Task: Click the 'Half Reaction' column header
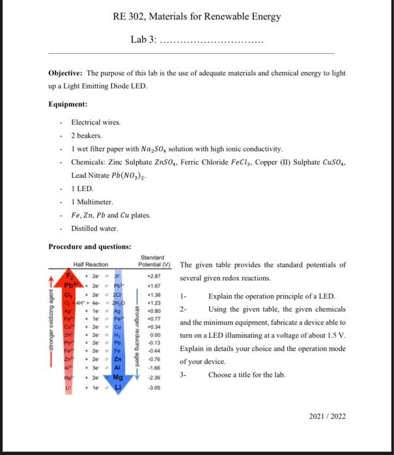point(91,264)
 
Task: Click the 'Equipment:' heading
point(68,104)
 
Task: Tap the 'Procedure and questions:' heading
point(89,246)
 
